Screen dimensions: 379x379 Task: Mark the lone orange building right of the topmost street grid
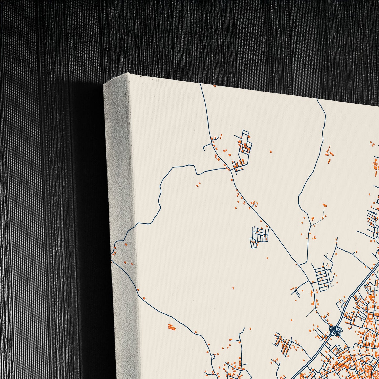tap(271, 151)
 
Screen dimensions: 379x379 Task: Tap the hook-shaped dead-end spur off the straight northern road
tap(207, 146)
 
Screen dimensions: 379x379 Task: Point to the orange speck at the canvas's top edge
tap(215, 86)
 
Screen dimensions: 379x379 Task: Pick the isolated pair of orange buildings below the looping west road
tap(198, 185)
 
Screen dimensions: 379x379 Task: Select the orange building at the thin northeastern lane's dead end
tap(324, 206)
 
